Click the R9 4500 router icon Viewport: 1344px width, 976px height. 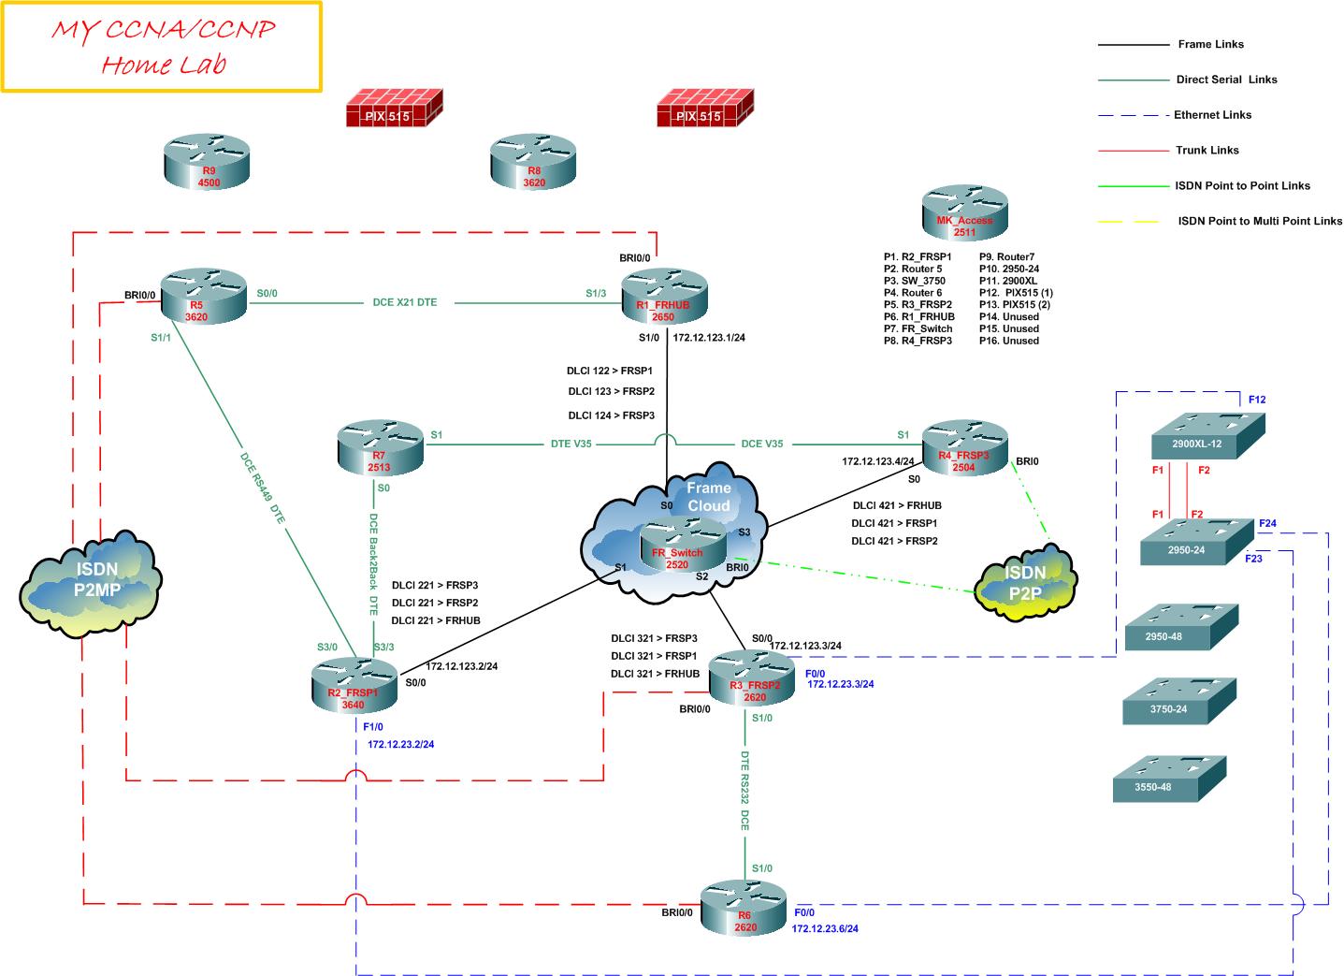tap(207, 162)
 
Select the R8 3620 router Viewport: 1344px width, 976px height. tap(533, 162)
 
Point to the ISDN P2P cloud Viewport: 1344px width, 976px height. tap(1025, 582)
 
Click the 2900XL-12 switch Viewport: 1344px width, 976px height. tap(1207, 436)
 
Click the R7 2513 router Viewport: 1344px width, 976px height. tap(379, 448)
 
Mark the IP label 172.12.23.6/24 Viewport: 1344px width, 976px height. tap(825, 929)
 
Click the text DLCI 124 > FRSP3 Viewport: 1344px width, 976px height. tap(611, 415)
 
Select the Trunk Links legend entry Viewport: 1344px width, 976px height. tap(1207, 150)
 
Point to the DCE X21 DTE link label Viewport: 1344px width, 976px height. tap(404, 302)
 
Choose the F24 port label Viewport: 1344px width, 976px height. tap(1267, 524)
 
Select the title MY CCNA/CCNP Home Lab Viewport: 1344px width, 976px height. tap(163, 47)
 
